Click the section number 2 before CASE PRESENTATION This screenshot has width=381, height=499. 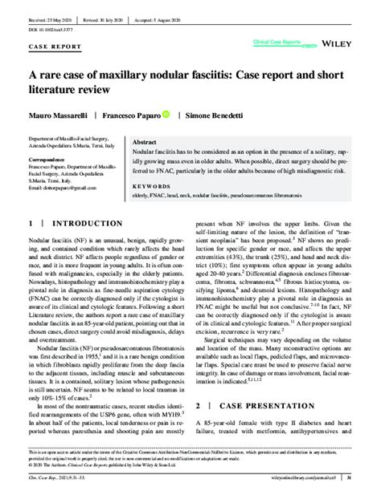(x=199, y=407)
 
